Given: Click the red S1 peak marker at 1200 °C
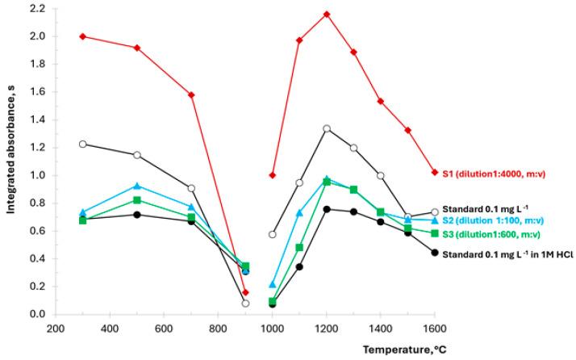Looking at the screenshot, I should tap(327, 14).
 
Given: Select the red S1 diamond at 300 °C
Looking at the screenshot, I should tap(83, 36).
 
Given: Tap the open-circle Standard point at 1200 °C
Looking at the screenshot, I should tap(327, 128).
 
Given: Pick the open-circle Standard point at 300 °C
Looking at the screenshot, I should tap(83, 144).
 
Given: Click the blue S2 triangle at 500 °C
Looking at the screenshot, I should tap(137, 186).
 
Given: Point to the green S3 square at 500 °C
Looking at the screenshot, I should tap(137, 200).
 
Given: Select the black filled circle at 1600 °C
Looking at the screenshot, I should tap(435, 253).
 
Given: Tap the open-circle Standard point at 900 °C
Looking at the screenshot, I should tap(245, 303).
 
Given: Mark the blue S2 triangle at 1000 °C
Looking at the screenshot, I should tap(273, 284).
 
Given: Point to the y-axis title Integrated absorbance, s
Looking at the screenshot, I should tap(11, 161).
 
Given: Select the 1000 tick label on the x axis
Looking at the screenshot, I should tap(273, 329).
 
